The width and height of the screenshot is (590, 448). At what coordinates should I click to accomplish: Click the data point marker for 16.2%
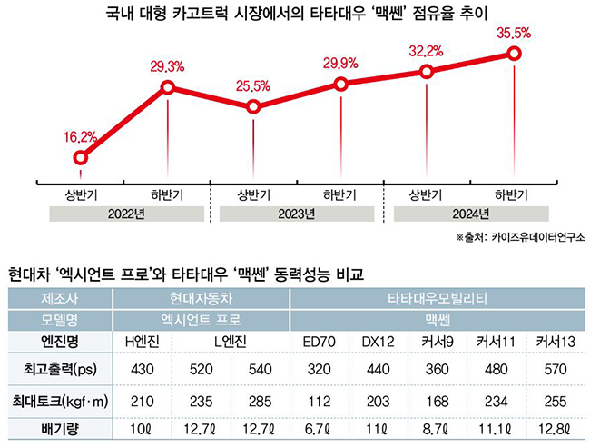coord(80,157)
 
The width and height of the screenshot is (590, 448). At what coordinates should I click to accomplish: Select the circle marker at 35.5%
coord(515,54)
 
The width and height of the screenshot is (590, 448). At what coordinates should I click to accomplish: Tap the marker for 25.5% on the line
coord(253,106)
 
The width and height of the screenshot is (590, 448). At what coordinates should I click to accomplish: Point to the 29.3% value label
coord(167,66)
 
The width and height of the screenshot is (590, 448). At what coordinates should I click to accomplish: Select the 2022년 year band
coord(123,214)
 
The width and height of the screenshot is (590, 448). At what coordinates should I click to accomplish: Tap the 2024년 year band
coord(470,214)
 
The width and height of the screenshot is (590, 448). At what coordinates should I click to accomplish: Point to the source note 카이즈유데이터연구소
coord(533,238)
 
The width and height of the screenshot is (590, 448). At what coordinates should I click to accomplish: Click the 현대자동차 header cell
coord(201,298)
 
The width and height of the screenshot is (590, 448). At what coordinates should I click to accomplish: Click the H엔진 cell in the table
coord(143,343)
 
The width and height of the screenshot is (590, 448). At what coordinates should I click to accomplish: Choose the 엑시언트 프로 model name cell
coord(201,320)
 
